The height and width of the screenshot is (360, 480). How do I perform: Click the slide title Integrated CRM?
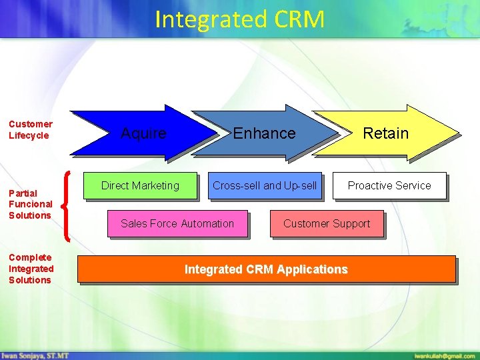coord(239,19)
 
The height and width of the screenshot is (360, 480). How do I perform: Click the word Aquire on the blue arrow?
coord(143,133)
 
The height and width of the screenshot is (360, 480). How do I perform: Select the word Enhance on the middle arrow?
coord(264,133)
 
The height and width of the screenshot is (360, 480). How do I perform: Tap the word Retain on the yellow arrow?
coord(385,133)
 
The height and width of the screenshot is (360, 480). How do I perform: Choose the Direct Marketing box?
coord(140,186)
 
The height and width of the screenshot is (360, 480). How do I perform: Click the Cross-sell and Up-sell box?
coord(265,186)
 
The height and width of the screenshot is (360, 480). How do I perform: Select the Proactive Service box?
coord(389,186)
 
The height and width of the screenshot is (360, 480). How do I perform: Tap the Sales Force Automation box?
coord(177,224)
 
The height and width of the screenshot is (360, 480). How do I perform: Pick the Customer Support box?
coord(327,224)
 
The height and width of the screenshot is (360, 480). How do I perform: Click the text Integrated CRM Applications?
coord(266,269)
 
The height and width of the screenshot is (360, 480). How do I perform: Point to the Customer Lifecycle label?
coord(31,129)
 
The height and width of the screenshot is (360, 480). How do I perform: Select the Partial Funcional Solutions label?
coord(31,204)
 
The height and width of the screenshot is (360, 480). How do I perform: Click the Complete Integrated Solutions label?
coord(31,269)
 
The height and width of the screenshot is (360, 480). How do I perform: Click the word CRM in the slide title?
coord(298,19)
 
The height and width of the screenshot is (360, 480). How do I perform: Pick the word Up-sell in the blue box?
coord(301,186)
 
